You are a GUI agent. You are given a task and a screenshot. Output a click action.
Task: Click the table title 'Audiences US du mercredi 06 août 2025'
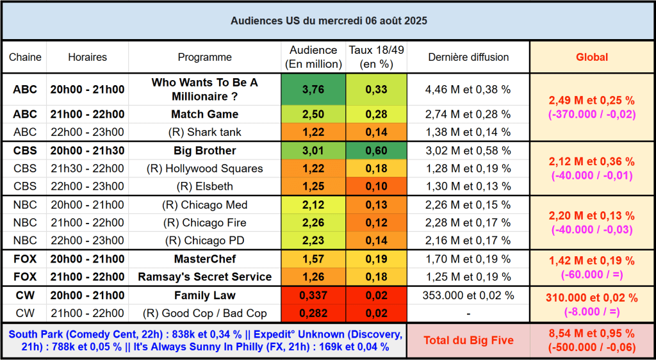click(328, 20)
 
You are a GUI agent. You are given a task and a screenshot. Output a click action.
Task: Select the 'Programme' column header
click(205, 57)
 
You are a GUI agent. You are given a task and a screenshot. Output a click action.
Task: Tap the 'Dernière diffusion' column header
click(468, 57)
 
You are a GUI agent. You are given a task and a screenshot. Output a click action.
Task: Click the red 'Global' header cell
click(591, 57)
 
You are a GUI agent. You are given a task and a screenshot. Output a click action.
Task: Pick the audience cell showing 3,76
click(313, 90)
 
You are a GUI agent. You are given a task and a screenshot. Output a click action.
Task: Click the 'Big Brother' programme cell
click(205, 151)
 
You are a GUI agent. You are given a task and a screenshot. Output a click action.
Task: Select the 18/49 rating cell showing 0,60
click(376, 151)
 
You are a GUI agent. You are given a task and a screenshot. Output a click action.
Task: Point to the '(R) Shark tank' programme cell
click(205, 132)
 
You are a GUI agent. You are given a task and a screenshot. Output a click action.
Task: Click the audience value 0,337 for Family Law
click(313, 296)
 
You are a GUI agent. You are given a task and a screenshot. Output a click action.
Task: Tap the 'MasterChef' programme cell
click(205, 259)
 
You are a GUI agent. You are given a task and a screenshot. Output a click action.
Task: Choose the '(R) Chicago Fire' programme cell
click(205, 223)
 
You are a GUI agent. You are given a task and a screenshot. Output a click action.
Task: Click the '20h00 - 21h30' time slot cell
click(88, 151)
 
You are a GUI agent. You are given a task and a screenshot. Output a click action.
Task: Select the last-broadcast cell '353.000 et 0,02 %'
click(468, 296)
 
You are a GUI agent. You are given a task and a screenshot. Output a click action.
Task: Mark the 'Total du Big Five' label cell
click(468, 340)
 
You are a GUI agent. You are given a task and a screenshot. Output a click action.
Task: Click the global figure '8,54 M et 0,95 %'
click(591, 334)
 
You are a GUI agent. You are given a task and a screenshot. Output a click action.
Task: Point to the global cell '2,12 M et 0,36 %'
click(591, 162)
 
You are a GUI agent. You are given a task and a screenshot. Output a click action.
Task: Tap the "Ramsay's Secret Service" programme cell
click(205, 277)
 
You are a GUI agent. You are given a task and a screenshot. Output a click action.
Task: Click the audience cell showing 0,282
click(313, 314)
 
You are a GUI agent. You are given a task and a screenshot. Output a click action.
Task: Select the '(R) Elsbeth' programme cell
click(205, 186)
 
